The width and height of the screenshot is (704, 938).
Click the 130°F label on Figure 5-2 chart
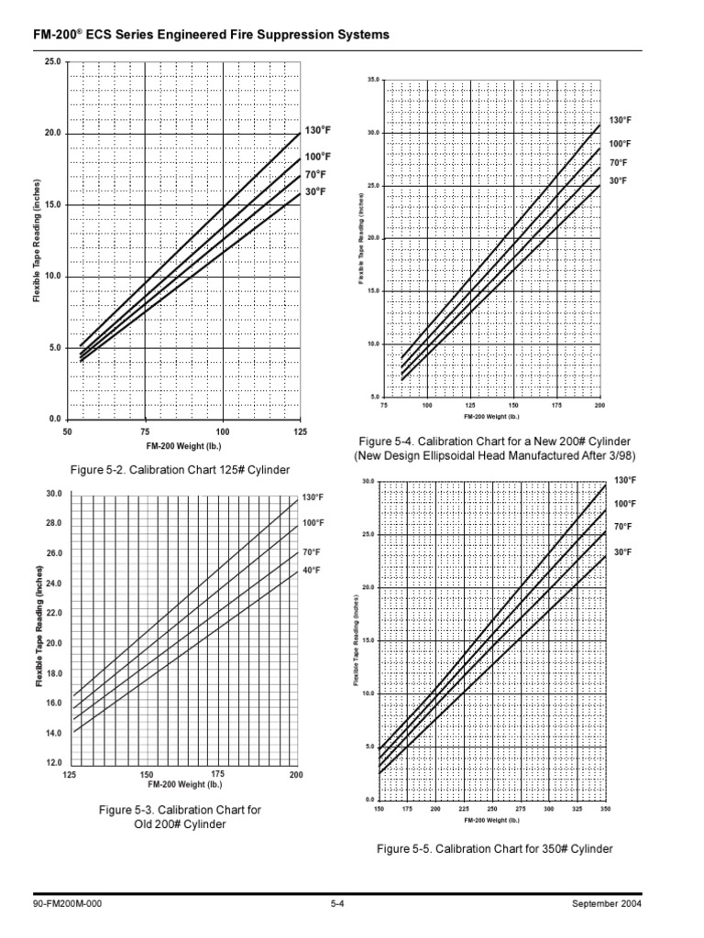pyautogui.click(x=318, y=131)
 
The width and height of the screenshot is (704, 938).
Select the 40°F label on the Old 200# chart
pyautogui.click(x=311, y=570)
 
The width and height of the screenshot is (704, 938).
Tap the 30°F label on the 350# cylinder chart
pyautogui.click(x=624, y=552)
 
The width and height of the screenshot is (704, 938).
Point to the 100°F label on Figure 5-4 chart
pyautogui.click(x=620, y=144)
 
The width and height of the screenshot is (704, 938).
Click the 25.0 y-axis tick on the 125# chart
pyautogui.click(x=51, y=61)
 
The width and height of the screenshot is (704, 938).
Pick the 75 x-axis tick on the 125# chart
pyautogui.click(x=145, y=431)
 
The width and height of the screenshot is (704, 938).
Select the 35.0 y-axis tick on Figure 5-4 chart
pyautogui.click(x=371, y=81)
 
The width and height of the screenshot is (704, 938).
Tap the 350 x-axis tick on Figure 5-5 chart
pyautogui.click(x=605, y=810)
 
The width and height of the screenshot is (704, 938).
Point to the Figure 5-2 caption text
pyautogui.click(x=180, y=470)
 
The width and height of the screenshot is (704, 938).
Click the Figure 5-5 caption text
pyautogui.click(x=495, y=849)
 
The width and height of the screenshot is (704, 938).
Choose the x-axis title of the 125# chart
pyautogui.click(x=184, y=446)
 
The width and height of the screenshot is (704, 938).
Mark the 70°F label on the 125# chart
pyautogui.click(x=315, y=174)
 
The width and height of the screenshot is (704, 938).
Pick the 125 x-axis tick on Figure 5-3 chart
pyautogui.click(x=69, y=775)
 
